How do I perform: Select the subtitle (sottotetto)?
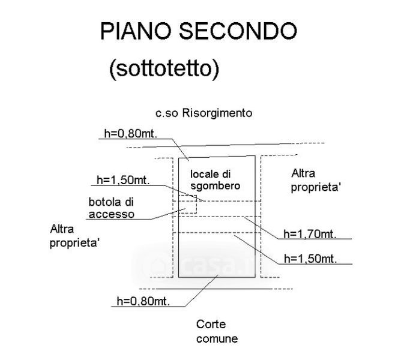(164, 69)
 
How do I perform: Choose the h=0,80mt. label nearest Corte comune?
(140, 301)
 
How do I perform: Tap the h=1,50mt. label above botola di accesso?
(122, 180)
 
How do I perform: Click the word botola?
(104, 202)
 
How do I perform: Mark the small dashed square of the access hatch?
(187, 203)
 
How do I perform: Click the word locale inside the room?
(205, 174)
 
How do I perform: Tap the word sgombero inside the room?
(216, 186)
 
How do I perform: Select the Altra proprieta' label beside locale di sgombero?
(316, 181)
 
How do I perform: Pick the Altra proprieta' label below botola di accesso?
(75, 235)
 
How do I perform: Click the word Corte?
(210, 325)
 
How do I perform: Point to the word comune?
(217, 339)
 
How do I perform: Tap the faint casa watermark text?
(198, 264)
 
